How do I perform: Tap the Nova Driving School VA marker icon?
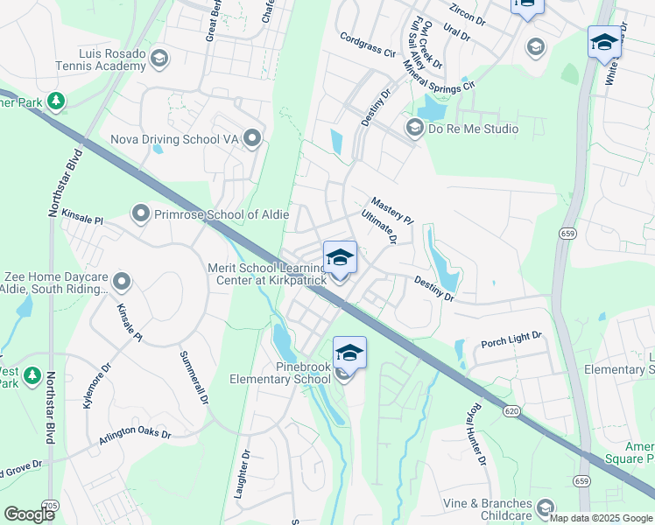253,138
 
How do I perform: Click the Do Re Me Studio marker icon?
414,129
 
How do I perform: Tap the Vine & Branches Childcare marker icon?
546,507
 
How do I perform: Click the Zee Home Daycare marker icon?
122,282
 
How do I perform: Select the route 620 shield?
510,410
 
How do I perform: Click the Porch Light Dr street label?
511,337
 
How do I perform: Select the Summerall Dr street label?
193,377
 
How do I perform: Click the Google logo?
29,514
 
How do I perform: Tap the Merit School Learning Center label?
267,273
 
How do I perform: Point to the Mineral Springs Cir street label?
439,71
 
